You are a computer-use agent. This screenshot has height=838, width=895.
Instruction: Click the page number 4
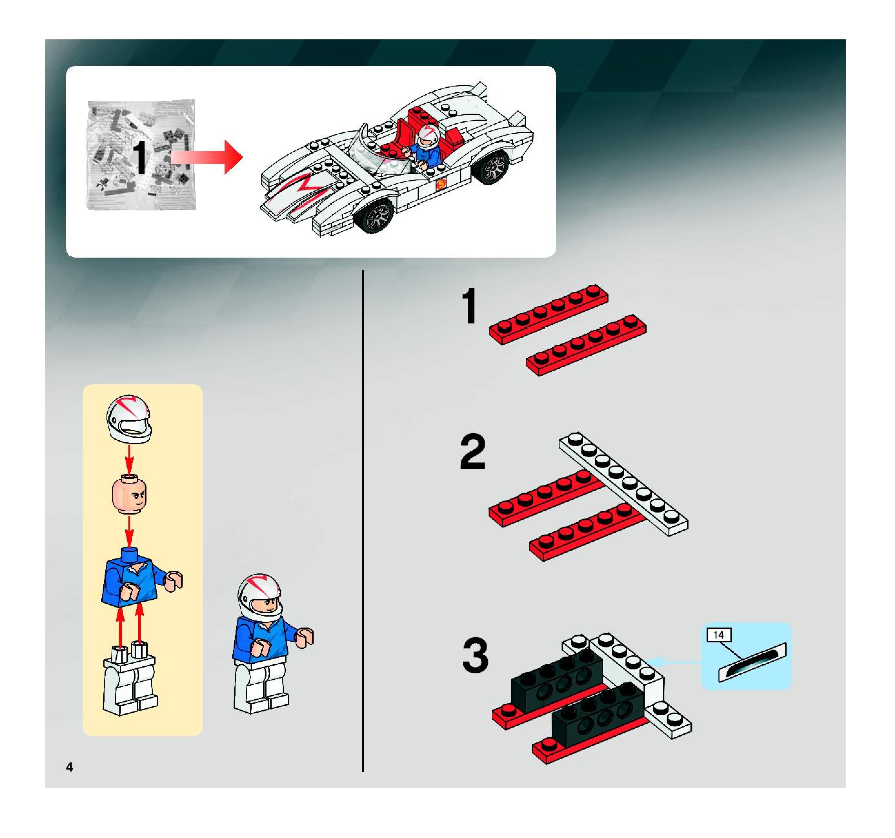tap(69, 767)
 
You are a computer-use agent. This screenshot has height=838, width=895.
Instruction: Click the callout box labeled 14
tap(719, 635)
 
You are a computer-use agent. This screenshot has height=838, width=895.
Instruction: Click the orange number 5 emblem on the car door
tap(440, 184)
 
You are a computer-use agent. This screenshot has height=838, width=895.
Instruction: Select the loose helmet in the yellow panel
tap(129, 419)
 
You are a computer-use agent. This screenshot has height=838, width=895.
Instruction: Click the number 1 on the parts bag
tap(140, 157)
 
